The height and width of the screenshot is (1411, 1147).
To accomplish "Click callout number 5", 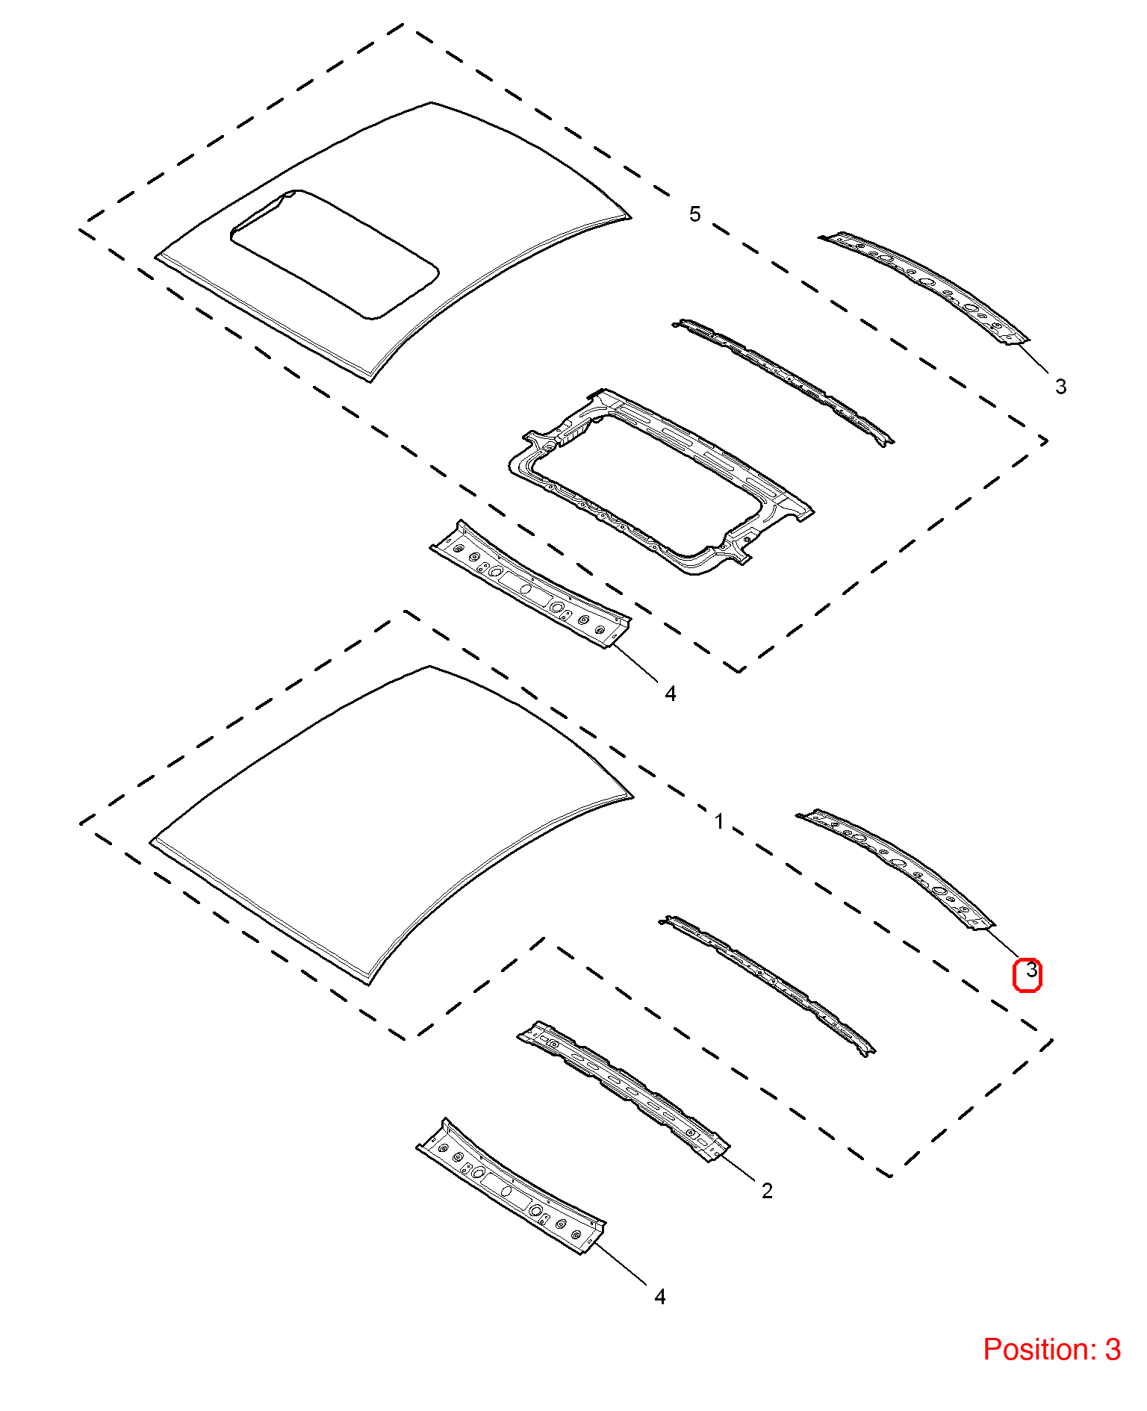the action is pyautogui.click(x=694, y=214).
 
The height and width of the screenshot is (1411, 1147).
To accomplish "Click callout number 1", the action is pyautogui.click(x=718, y=822).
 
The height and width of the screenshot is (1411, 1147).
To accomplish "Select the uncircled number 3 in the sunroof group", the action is pyautogui.click(x=1060, y=386).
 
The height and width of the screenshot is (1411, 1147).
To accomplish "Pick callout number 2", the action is pyautogui.click(x=767, y=1191).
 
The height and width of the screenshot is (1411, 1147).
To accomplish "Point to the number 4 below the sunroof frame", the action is pyautogui.click(x=670, y=694).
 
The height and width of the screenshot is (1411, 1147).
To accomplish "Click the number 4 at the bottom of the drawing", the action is pyautogui.click(x=659, y=1297).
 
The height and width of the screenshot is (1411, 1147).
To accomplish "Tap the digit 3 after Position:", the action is pyautogui.click(x=1113, y=1350).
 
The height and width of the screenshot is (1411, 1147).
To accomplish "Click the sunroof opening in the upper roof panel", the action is pyautogui.click(x=334, y=254).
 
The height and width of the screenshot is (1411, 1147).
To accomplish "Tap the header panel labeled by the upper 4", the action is pyautogui.click(x=529, y=584).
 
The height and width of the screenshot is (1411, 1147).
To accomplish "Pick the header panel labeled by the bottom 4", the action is pyautogui.click(x=511, y=1186).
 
